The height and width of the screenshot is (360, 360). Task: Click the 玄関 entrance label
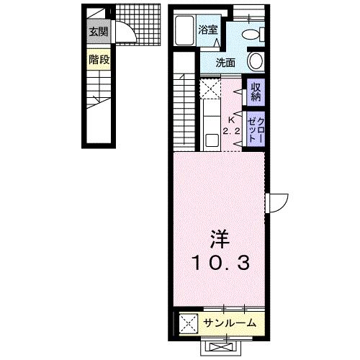[x=99, y=32]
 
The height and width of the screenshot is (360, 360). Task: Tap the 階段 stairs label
[x=99, y=59]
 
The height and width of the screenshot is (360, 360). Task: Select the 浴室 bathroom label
[x=208, y=30]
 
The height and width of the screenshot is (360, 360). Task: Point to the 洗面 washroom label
[x=225, y=63]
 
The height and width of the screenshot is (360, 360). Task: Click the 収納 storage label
[x=256, y=91]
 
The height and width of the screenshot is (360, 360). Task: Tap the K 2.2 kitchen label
[x=232, y=125]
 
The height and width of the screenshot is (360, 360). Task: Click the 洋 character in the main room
[x=220, y=239]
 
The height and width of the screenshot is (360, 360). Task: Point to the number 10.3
[x=220, y=262]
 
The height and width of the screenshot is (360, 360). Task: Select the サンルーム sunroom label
[x=230, y=323]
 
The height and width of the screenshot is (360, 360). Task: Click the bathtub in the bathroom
[x=184, y=30]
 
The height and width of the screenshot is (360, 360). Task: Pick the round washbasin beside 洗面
[x=256, y=60]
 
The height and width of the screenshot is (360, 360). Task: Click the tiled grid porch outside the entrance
[x=138, y=24]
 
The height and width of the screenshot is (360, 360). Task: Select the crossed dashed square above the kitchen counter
[x=210, y=89]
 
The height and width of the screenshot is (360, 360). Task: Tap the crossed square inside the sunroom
[x=189, y=323]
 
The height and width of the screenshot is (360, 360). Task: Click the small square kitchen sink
[x=212, y=140]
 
